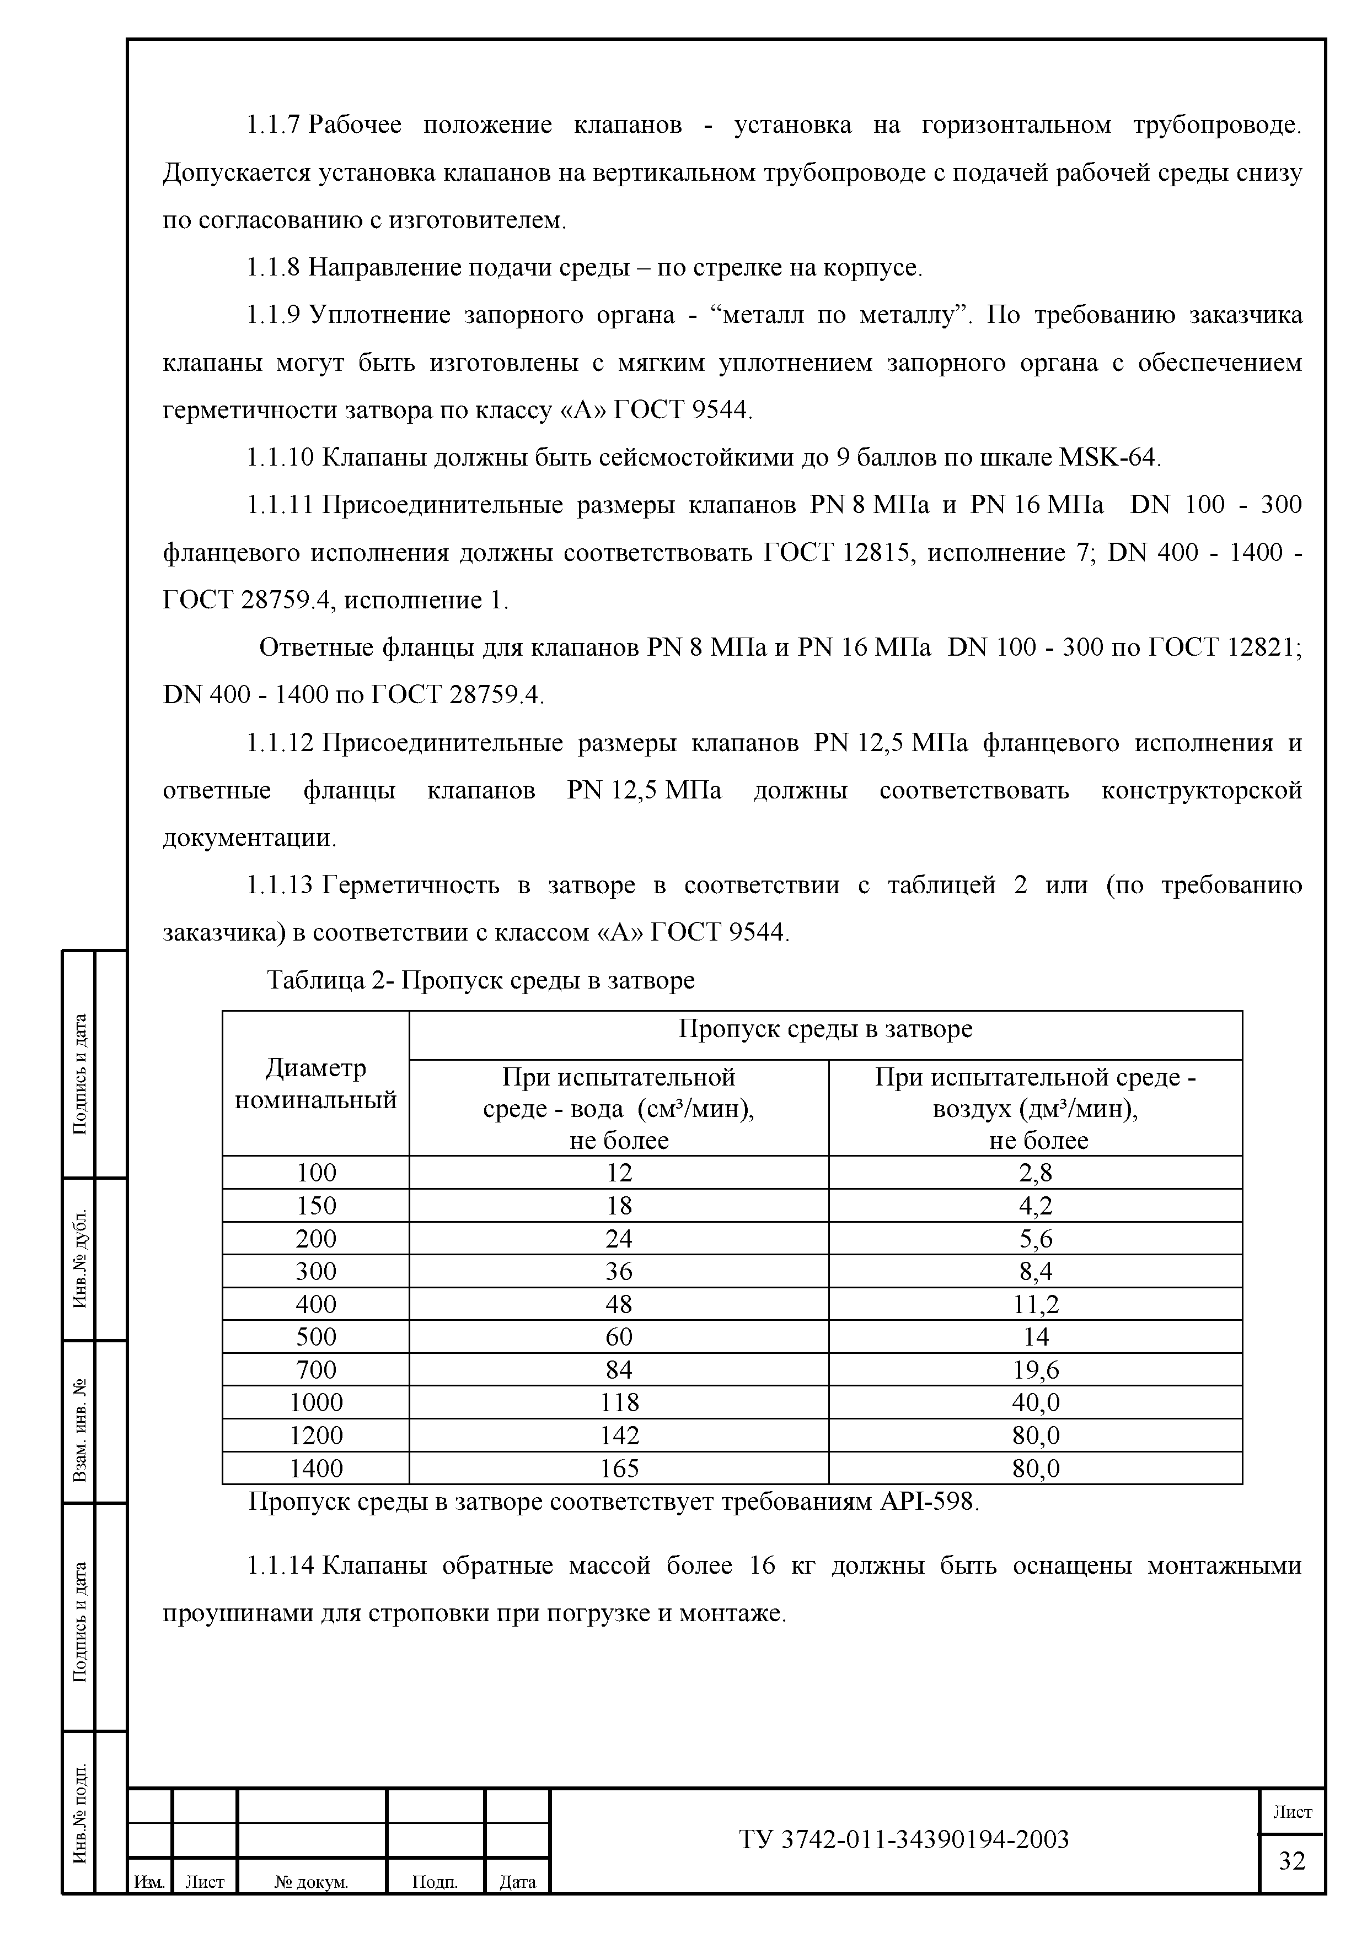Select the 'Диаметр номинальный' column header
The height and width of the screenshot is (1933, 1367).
click(x=316, y=1083)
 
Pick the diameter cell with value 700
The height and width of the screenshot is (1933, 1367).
click(x=316, y=1370)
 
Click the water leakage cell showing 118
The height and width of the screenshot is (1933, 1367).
click(x=619, y=1402)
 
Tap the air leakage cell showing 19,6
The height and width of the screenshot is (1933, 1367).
click(x=1036, y=1370)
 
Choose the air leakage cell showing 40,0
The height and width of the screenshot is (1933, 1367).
click(x=1036, y=1402)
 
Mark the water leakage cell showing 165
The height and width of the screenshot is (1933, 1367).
click(x=619, y=1468)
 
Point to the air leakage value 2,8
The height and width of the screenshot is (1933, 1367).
click(x=1036, y=1173)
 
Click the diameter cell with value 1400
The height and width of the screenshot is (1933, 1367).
click(x=316, y=1468)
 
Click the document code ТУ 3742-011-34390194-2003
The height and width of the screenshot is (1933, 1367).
click(x=904, y=1839)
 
